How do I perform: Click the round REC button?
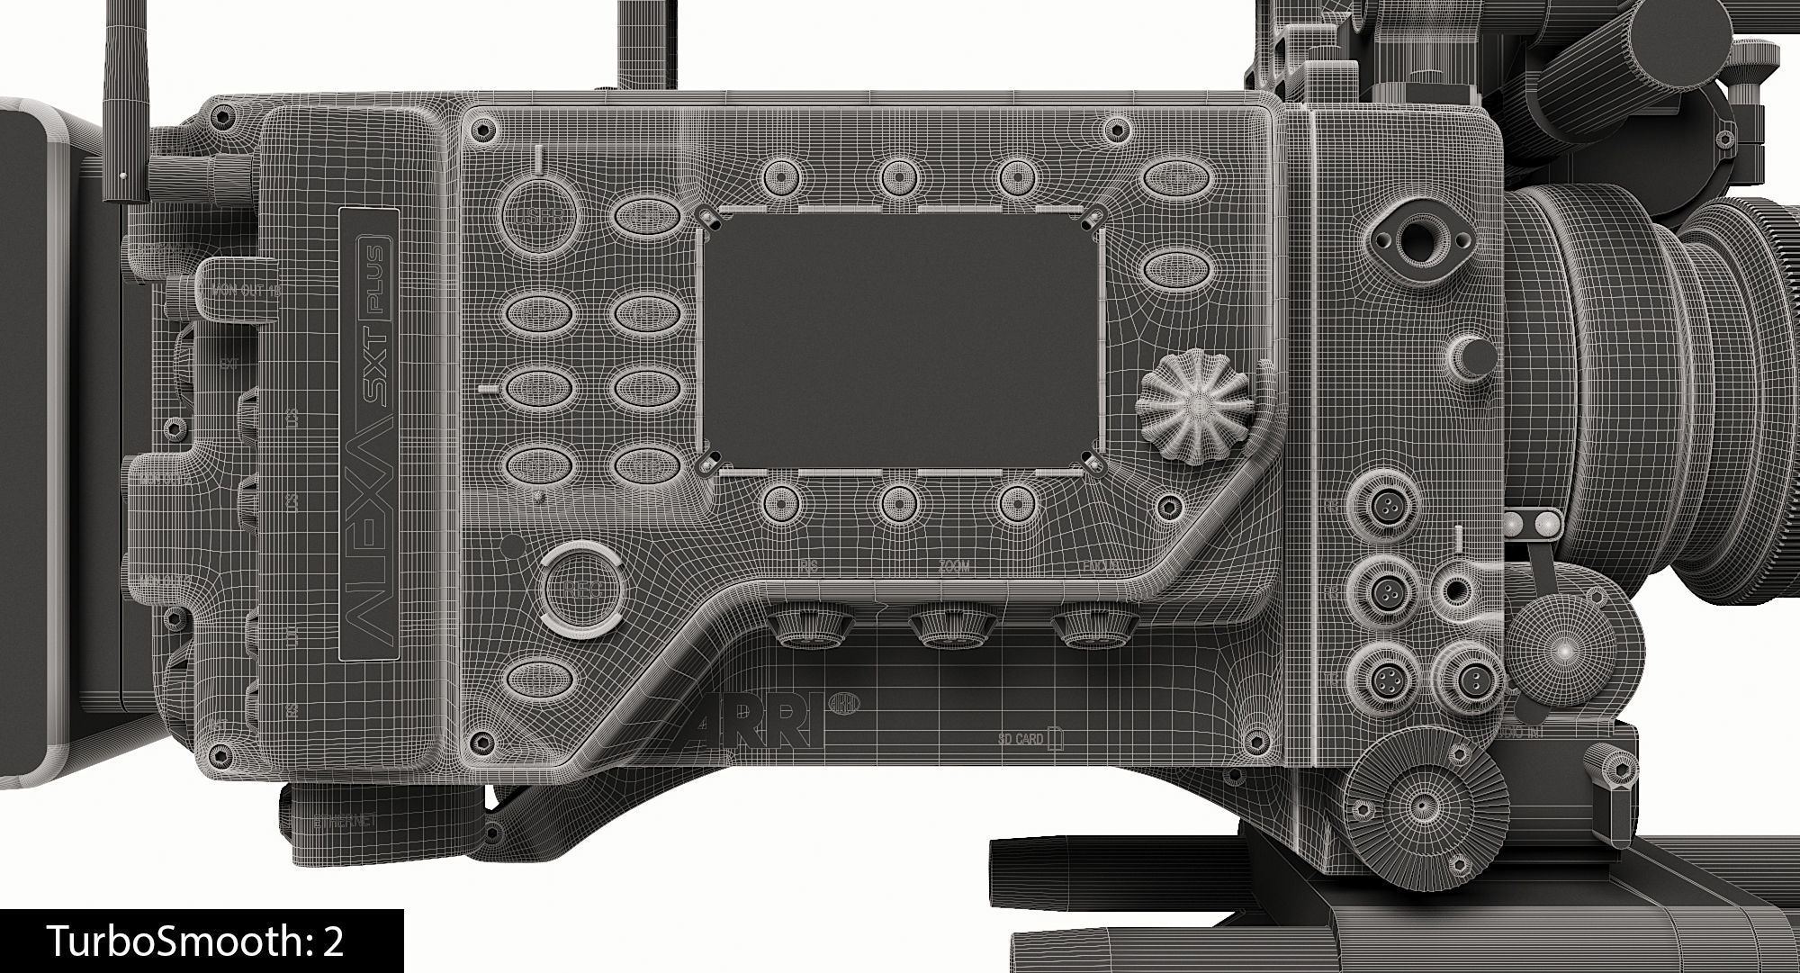(583, 589)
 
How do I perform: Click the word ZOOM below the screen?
(954, 567)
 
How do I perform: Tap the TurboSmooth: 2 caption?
(196, 941)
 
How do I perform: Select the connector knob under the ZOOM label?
(952, 627)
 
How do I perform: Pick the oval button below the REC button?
(541, 679)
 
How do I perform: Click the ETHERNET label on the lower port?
(345, 822)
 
